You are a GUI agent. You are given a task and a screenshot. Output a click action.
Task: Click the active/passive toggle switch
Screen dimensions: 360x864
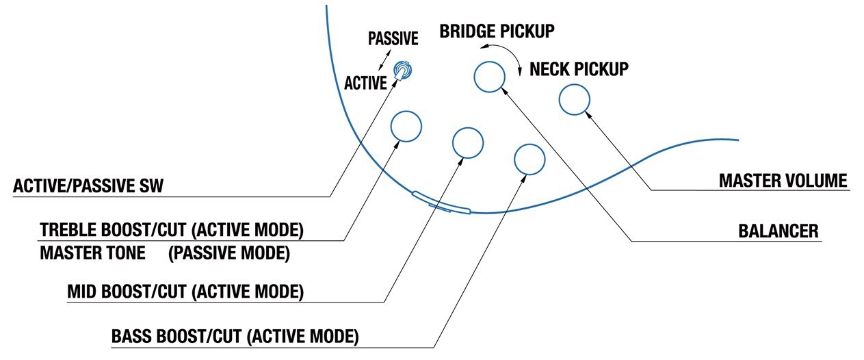point(404,70)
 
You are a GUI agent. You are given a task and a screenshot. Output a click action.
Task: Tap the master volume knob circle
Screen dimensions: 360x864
point(575,100)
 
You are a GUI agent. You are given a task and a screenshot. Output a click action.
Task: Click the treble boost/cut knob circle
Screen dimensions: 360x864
point(406,126)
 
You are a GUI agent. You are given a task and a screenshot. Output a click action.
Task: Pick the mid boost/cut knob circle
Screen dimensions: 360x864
point(469,142)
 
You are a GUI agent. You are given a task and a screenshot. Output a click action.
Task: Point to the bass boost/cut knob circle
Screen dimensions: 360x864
point(529,159)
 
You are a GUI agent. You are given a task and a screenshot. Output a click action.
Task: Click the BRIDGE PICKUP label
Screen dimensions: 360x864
point(497,31)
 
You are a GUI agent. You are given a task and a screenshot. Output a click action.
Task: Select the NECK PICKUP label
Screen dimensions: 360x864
point(579,69)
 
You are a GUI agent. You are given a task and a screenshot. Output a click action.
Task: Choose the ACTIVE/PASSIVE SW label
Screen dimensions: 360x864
point(88,186)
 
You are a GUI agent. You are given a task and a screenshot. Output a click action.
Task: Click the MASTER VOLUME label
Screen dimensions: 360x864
point(783,181)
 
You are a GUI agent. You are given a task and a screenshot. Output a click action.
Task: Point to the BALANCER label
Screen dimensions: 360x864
point(778,231)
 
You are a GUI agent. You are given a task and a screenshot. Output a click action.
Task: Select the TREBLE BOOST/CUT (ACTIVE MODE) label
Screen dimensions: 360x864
point(171,229)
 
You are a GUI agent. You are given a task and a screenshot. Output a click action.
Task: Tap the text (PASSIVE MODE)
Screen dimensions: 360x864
point(229,253)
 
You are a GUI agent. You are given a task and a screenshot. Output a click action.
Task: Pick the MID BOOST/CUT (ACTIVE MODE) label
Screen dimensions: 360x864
point(185,292)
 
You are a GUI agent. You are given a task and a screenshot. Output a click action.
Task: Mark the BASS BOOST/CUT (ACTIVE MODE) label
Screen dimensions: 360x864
point(235,337)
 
